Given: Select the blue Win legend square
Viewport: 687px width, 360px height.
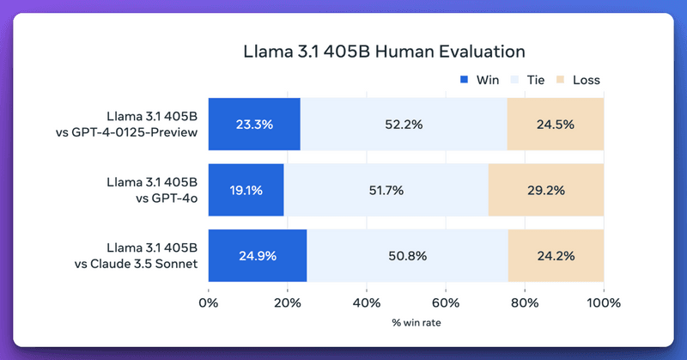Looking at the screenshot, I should click(465, 80).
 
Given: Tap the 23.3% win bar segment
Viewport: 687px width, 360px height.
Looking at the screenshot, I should click(254, 124).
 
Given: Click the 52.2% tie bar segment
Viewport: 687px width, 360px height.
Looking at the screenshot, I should click(404, 124).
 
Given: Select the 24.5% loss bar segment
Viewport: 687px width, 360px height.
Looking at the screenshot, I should click(555, 124).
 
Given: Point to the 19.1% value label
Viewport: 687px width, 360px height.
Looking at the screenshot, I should click(246, 190).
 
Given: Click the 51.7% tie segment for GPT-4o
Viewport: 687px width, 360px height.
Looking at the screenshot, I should click(386, 190).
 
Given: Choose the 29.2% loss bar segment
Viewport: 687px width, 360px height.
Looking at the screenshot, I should click(545, 190).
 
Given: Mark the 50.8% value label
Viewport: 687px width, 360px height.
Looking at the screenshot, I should click(407, 255).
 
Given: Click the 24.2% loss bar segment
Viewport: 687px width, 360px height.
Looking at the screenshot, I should click(556, 255).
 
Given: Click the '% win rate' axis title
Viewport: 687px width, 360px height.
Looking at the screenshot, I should click(405, 324).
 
